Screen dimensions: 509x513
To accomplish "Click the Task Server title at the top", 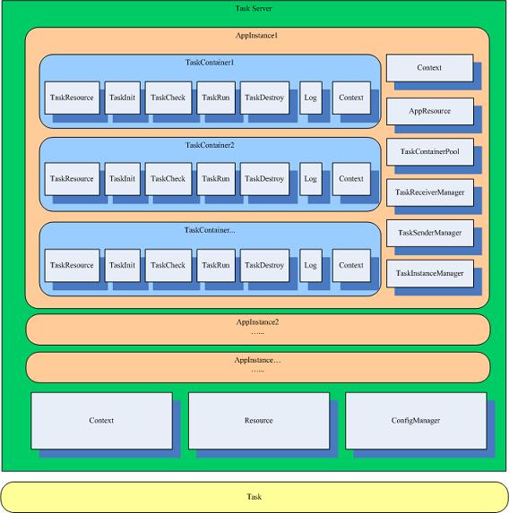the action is (x=254, y=9).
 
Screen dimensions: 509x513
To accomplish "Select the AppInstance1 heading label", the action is (x=257, y=35).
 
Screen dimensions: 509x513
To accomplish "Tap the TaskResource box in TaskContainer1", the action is (x=72, y=98).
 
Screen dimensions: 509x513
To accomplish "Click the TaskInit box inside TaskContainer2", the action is (x=123, y=179).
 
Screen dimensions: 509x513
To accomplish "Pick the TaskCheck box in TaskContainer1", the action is (x=168, y=98).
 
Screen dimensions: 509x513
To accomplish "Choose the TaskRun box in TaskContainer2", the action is (x=216, y=179).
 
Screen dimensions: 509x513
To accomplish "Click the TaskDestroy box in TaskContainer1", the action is (x=264, y=98).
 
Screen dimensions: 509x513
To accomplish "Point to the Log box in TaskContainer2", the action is (x=311, y=179).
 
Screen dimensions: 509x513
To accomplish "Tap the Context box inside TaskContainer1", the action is (x=351, y=98).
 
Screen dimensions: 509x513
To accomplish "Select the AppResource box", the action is (x=430, y=111).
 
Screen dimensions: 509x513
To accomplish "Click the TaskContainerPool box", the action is (x=430, y=152).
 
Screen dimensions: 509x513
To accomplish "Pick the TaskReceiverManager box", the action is (x=430, y=192).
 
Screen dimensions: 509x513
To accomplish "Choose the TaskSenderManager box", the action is (x=430, y=233).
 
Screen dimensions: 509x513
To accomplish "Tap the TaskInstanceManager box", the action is (x=430, y=274).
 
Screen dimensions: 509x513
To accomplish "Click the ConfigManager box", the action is (x=416, y=421).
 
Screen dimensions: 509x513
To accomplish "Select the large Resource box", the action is (x=259, y=421).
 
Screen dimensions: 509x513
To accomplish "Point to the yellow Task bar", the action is (x=254, y=497).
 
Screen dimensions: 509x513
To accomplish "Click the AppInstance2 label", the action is (x=257, y=322).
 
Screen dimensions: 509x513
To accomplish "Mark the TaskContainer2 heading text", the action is (x=210, y=145).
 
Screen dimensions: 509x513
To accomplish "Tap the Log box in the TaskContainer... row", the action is (x=311, y=265).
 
